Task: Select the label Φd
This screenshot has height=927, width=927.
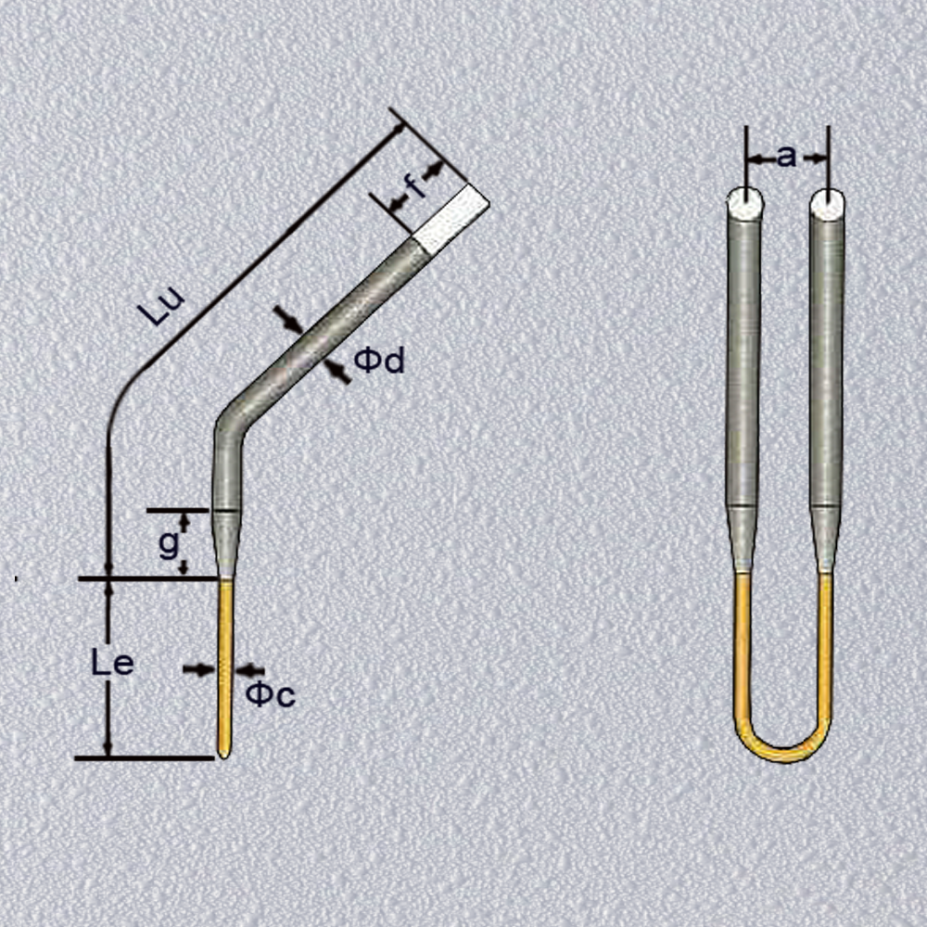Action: (379, 360)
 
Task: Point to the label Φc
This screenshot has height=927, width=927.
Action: (270, 694)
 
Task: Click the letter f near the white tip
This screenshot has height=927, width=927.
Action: (416, 187)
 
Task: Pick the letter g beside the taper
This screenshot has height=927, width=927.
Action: (169, 545)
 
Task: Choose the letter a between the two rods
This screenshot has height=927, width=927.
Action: (786, 158)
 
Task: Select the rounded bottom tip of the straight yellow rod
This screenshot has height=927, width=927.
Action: (224, 752)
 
